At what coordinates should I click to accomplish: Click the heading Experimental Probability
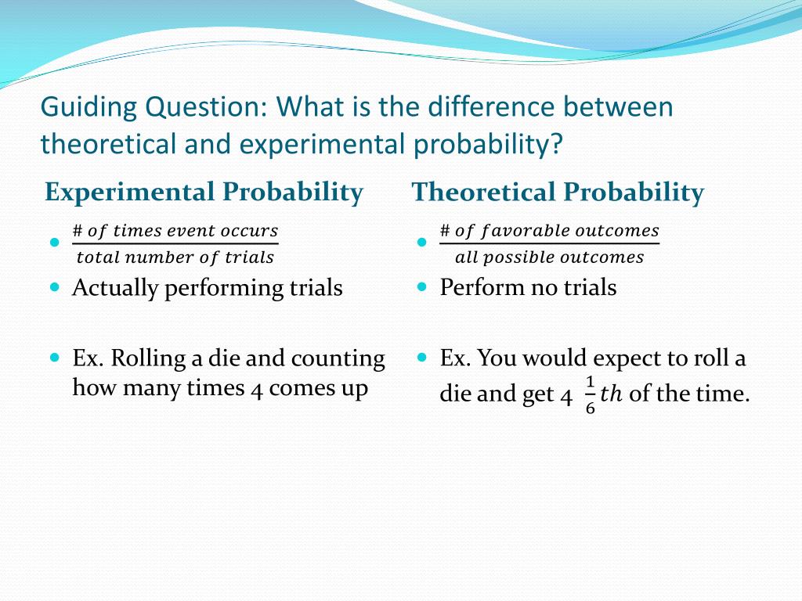204,193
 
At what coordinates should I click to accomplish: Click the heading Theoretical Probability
558,193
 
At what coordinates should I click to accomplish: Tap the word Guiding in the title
89,108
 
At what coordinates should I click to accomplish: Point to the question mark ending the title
556,143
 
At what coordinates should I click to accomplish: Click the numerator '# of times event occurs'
175,231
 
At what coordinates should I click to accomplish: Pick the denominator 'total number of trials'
175,257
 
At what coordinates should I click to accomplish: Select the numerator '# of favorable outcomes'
549,231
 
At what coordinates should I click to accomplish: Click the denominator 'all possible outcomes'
549,257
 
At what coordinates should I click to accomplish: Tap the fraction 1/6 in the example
591,395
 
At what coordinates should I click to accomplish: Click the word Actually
115,288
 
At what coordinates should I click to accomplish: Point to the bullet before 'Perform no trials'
421,286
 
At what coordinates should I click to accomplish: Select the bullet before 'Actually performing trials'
55,286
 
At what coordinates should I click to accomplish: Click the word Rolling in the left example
148,358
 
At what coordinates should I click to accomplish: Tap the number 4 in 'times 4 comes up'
256,389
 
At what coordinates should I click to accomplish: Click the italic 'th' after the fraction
611,394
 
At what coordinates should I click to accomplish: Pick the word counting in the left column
338,359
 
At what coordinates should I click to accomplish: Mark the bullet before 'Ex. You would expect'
421,357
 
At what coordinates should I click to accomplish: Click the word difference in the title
491,106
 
